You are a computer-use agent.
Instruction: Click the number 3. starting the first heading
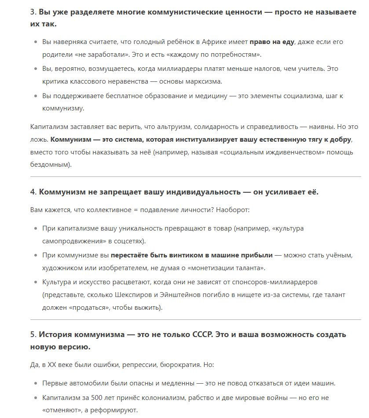click(33, 12)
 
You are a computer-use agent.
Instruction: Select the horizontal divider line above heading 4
click(195, 177)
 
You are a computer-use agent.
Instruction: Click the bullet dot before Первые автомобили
click(36, 384)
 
